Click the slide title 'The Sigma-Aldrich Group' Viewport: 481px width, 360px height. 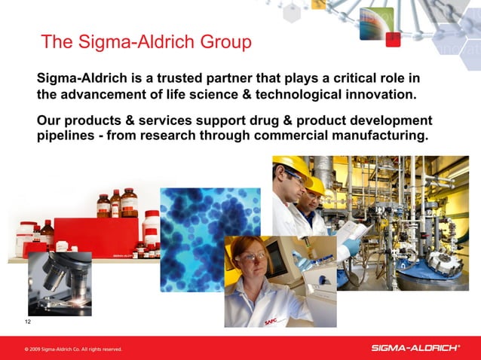pyautogui.click(x=146, y=42)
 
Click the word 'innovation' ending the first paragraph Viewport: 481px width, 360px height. pyautogui.click(x=375, y=96)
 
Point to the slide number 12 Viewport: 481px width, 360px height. pyautogui.click(x=28, y=322)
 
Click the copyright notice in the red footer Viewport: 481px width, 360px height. pyautogui.click(x=72, y=349)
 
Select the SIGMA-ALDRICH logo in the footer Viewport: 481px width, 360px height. pyautogui.click(x=415, y=348)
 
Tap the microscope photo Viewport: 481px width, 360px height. pyautogui.click(x=60, y=283)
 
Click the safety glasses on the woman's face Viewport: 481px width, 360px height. pyautogui.click(x=251, y=257)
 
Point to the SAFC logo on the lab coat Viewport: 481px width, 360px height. pyautogui.click(x=271, y=322)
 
